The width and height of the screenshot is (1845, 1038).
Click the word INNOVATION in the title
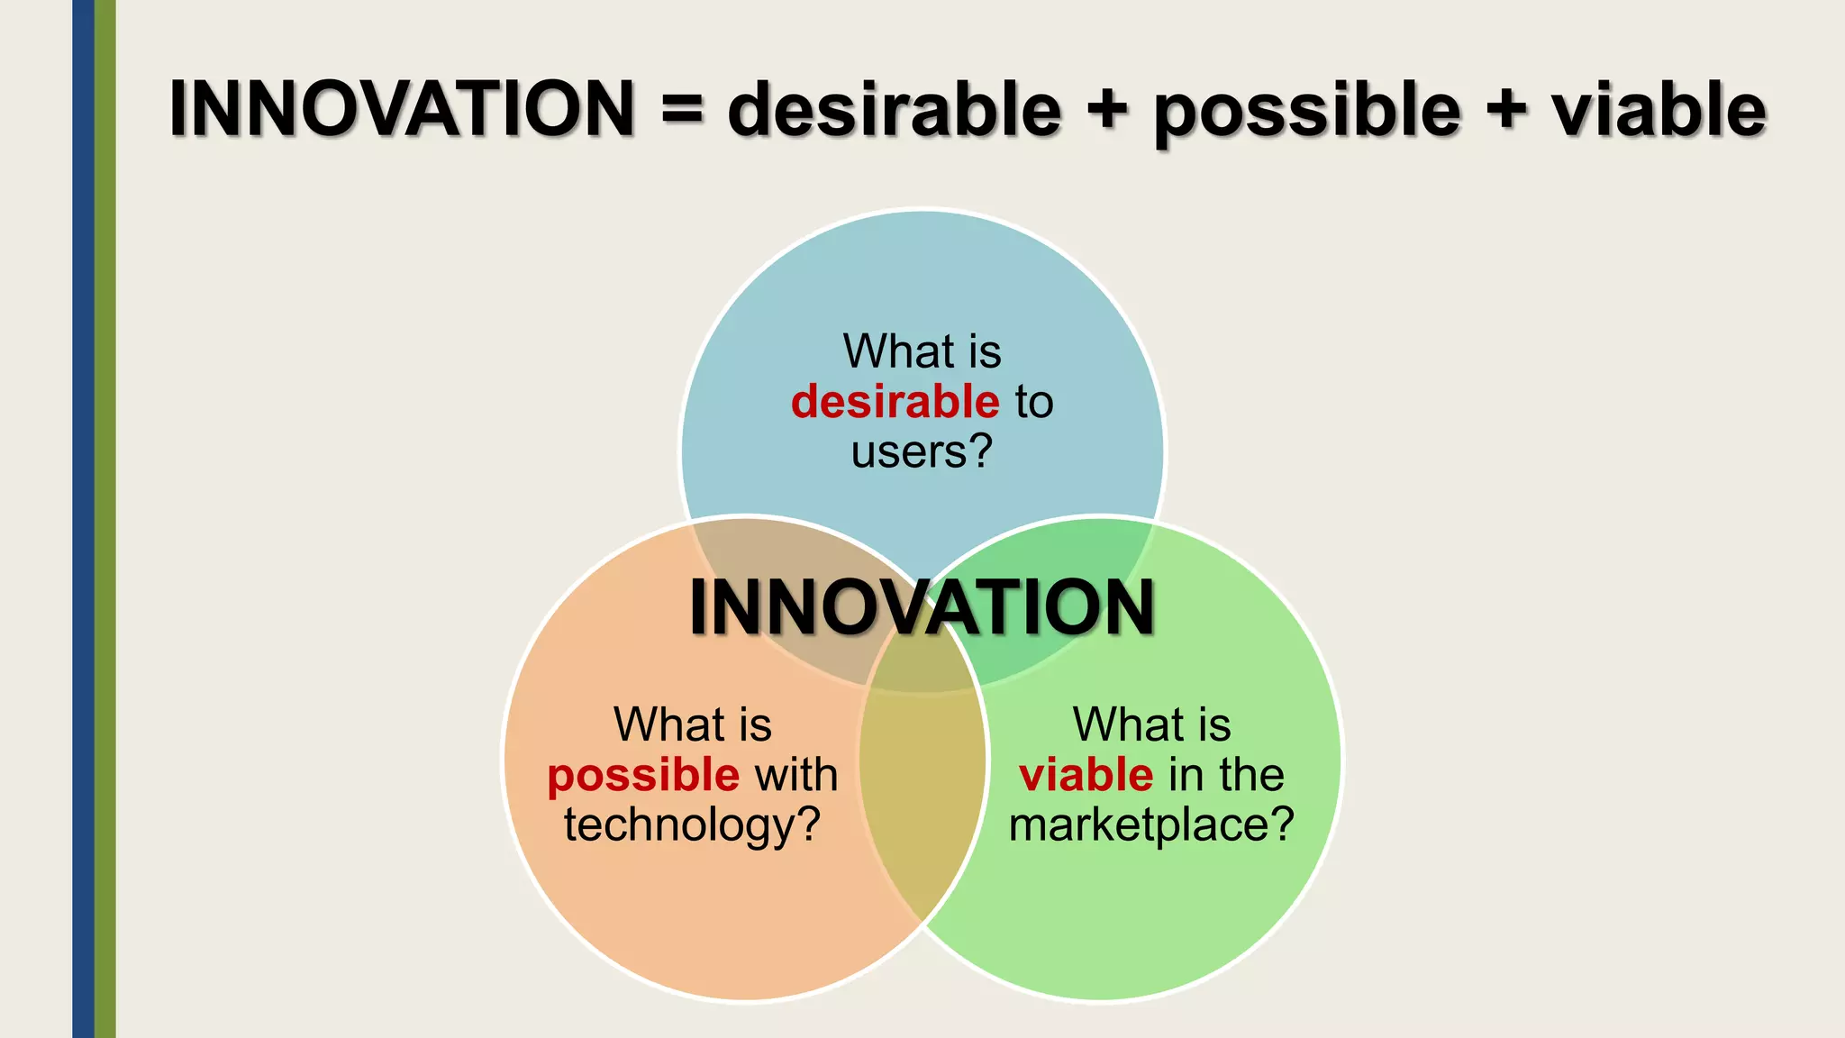(402, 109)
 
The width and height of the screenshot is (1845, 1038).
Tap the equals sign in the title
(682, 112)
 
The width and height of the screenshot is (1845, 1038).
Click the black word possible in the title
(1306, 112)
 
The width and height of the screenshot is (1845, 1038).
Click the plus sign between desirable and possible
(1108, 112)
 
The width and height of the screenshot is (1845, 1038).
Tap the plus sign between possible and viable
(1506, 112)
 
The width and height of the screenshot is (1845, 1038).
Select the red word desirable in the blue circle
(895, 401)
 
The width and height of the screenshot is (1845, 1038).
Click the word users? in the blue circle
(922, 451)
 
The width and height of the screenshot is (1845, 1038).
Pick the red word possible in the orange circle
(643, 776)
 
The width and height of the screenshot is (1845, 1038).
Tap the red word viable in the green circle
(1086, 775)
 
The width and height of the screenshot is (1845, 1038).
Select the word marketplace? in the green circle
(1151, 824)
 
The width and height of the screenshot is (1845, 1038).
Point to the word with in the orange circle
(796, 775)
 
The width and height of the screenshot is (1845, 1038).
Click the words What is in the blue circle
(922, 351)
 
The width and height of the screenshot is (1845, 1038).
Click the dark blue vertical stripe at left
(83, 519)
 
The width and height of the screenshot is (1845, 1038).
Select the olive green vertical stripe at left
(105, 519)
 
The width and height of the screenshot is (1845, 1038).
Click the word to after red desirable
(1034, 402)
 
